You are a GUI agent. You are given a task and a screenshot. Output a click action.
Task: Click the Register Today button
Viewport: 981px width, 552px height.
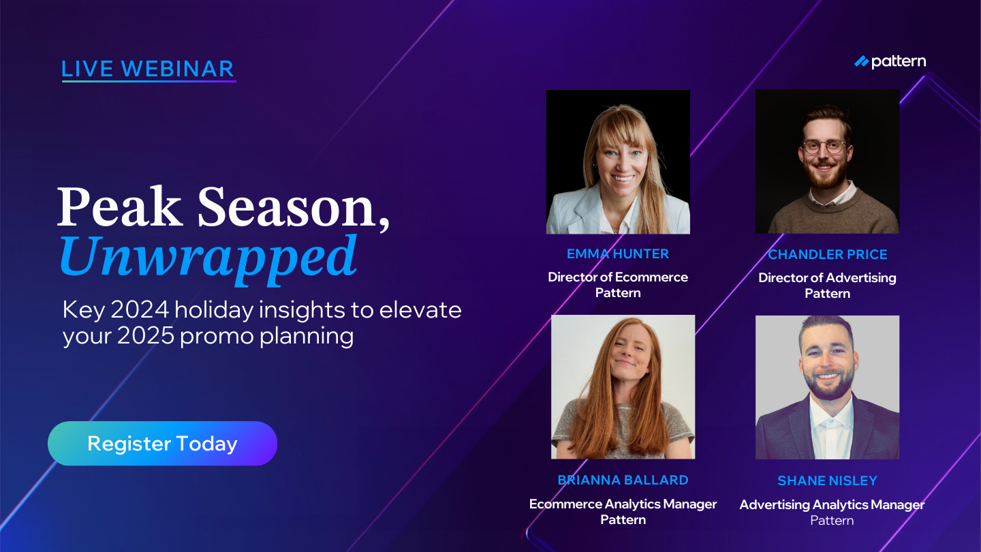click(x=162, y=444)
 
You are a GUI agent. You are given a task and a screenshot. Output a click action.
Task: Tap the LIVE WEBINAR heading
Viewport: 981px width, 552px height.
click(x=148, y=69)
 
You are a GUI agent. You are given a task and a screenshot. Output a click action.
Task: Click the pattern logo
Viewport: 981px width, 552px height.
click(x=890, y=62)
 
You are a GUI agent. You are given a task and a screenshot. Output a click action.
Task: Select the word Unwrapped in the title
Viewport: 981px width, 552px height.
click(x=208, y=256)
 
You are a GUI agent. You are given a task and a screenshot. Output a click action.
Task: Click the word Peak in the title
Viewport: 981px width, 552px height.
click(x=120, y=207)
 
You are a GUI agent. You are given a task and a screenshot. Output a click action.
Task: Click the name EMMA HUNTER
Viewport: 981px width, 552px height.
click(x=618, y=254)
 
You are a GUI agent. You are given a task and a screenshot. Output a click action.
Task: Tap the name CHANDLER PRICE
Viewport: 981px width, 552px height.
click(x=827, y=254)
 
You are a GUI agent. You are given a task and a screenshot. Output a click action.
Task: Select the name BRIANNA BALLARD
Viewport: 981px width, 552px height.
click(x=623, y=480)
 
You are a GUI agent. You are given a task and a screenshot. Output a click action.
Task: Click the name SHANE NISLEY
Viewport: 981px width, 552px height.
click(x=827, y=481)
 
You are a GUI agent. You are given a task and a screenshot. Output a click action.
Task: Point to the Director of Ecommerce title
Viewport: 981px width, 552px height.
click(x=618, y=277)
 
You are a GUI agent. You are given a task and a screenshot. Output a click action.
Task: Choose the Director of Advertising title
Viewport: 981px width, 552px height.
click(x=827, y=277)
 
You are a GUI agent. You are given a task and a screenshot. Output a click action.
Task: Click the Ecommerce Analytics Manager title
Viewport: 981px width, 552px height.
click(x=623, y=504)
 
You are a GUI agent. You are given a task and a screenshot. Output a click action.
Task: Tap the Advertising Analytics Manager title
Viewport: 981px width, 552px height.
click(x=832, y=505)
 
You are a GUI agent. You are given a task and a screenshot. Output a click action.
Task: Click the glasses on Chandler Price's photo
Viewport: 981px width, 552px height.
click(x=824, y=147)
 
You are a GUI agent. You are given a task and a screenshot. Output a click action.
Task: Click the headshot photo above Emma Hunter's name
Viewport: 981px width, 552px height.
click(x=618, y=162)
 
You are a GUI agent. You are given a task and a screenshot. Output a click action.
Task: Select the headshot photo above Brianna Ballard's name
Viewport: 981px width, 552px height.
click(x=623, y=386)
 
